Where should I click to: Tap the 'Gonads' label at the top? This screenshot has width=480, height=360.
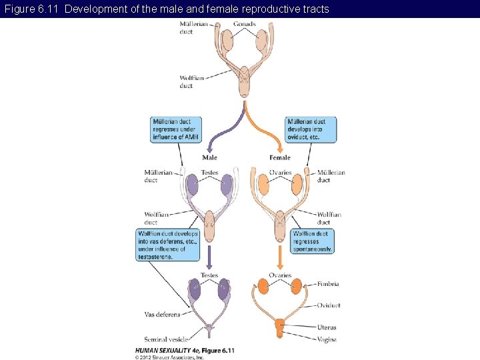point(244,25)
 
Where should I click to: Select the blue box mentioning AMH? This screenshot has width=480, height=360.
point(176,129)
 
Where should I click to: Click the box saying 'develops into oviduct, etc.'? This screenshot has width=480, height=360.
point(311,129)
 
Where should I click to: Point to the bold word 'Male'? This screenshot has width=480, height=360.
point(209,158)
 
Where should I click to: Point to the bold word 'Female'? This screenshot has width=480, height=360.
point(280,158)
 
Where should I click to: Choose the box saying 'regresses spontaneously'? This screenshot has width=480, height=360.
point(313,241)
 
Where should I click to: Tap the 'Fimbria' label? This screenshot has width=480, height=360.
point(327,284)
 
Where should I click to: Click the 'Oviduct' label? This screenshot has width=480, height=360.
point(329,305)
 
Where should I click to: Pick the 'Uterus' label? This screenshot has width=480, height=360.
point(327,327)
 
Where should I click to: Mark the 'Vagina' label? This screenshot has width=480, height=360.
point(327,339)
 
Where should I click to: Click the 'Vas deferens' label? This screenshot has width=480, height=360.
point(162,315)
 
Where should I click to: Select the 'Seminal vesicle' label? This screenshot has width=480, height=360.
point(166,339)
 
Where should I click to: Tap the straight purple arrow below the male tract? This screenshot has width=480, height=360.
point(209,257)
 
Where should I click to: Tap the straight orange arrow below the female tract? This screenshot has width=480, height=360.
point(280,257)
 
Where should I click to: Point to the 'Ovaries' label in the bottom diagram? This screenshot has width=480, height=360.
point(280,275)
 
